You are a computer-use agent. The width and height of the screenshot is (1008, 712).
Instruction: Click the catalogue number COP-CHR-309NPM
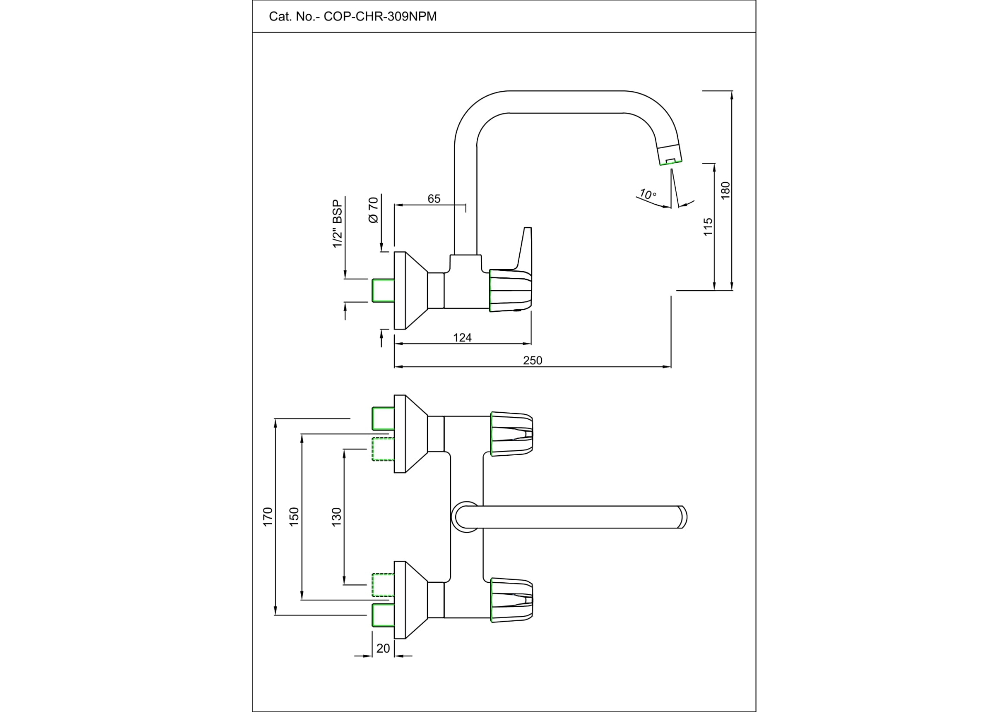[380, 17]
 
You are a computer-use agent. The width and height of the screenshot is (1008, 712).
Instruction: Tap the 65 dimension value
[434, 199]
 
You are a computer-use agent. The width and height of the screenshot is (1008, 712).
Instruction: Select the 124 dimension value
[462, 338]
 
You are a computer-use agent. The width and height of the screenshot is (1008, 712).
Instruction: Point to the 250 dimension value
[532, 361]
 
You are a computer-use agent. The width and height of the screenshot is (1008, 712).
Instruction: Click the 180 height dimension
[726, 190]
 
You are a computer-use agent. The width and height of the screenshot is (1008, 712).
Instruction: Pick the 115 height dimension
[708, 227]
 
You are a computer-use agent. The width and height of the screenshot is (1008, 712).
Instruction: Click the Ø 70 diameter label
[373, 211]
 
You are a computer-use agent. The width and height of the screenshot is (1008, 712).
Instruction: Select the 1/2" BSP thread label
[338, 224]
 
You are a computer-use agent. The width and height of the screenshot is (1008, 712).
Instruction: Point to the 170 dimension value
[268, 517]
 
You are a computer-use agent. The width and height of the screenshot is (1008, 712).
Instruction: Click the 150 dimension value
[294, 517]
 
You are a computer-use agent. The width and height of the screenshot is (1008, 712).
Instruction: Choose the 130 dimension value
[337, 517]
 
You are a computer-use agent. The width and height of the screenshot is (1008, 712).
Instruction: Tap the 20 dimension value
[383, 648]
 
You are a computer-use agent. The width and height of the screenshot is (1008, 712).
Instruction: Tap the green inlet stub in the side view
[383, 290]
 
